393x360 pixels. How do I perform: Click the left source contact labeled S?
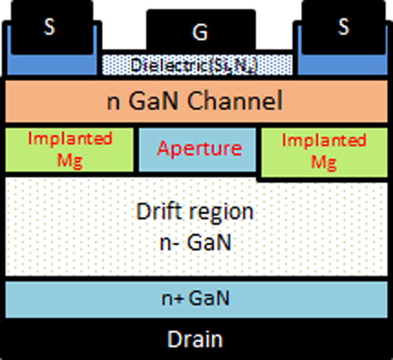[x=50, y=25]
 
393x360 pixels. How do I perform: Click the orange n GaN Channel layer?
[x=196, y=101]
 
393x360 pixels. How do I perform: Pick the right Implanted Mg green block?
[x=324, y=152]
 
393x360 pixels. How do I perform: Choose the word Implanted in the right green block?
[x=324, y=141]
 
